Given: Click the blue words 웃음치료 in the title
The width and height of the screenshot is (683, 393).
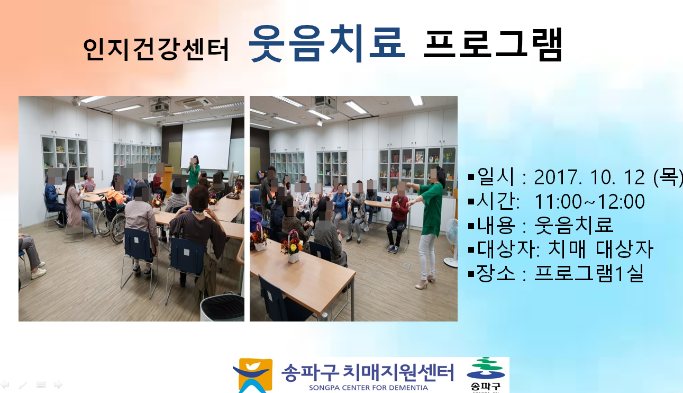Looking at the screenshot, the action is (x=327, y=43).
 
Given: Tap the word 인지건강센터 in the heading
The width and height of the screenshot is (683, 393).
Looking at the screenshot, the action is (x=156, y=49).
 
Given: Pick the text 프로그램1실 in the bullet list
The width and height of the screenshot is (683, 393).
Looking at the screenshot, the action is (x=589, y=273).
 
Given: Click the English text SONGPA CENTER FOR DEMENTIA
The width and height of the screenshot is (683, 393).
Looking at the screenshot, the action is (x=368, y=388).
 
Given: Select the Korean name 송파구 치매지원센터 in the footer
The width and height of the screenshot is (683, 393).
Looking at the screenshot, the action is (x=367, y=372).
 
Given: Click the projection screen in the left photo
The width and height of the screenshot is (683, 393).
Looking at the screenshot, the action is (x=206, y=144).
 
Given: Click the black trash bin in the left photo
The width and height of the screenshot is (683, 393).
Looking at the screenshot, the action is (x=222, y=308).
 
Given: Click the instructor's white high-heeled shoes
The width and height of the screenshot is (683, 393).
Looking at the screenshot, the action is (x=425, y=283).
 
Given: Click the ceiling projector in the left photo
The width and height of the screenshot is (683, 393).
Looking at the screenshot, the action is (x=159, y=106).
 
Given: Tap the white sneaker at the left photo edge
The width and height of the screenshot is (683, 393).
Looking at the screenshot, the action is (x=39, y=273).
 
